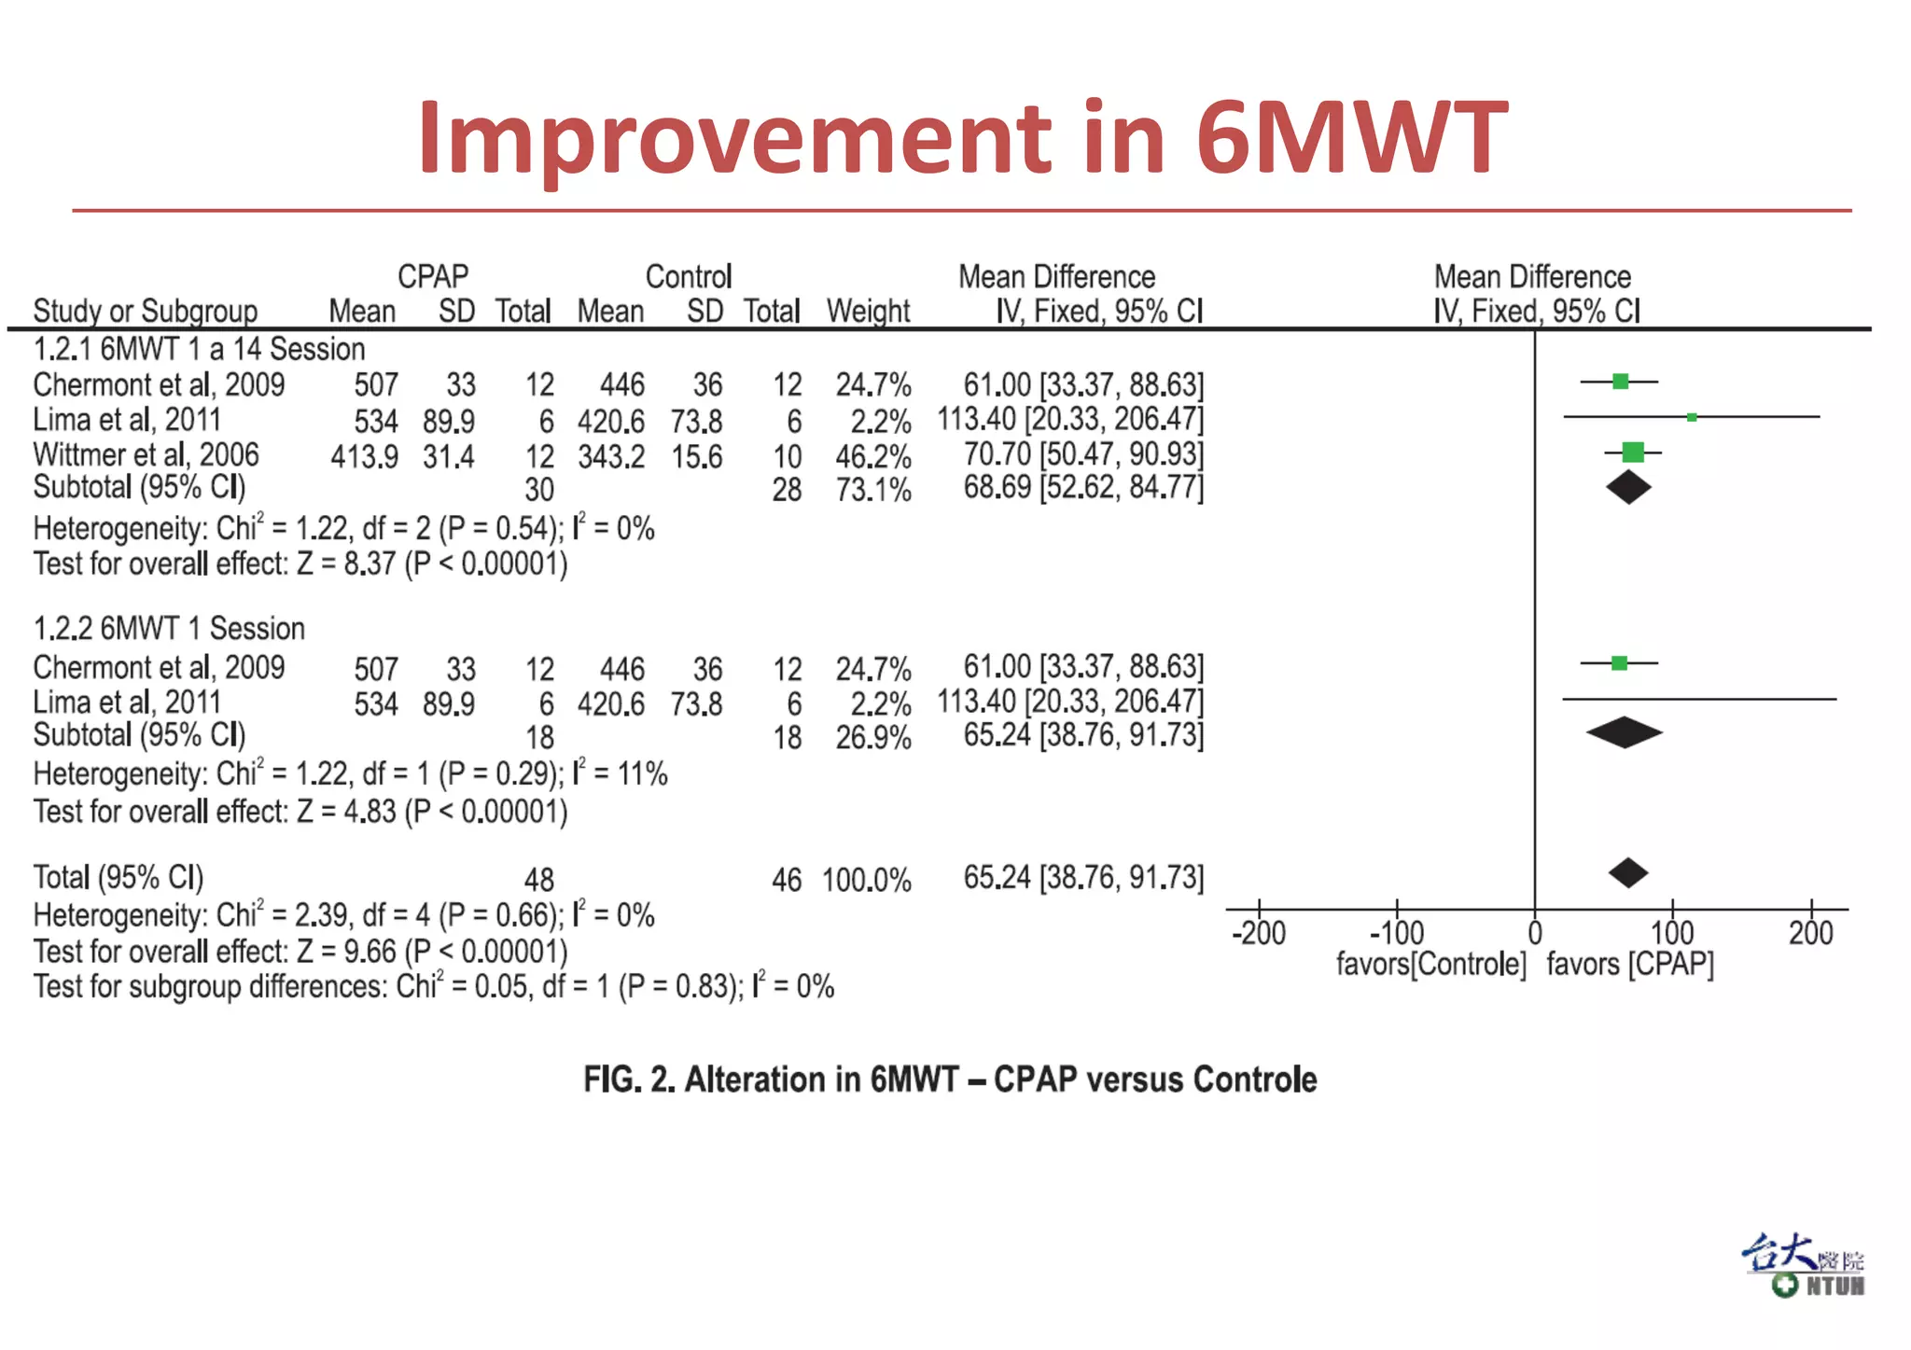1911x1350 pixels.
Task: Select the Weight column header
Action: (868, 311)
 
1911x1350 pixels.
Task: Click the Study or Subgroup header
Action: (146, 311)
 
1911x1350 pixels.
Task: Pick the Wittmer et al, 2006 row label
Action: (146, 455)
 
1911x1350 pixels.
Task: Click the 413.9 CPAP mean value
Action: (364, 457)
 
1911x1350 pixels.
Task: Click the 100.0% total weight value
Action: (866, 880)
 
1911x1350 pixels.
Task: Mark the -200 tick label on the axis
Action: (1258, 933)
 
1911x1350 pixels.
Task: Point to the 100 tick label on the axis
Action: (1671, 933)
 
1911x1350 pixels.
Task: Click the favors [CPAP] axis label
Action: (1630, 964)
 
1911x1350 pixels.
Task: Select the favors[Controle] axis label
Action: (1430, 964)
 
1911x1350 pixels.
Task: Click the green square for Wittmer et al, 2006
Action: (1633, 452)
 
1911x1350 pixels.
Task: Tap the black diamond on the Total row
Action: (1628, 873)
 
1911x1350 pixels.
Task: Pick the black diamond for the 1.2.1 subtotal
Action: (1628, 487)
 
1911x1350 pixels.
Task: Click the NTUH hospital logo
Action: (1804, 1266)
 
